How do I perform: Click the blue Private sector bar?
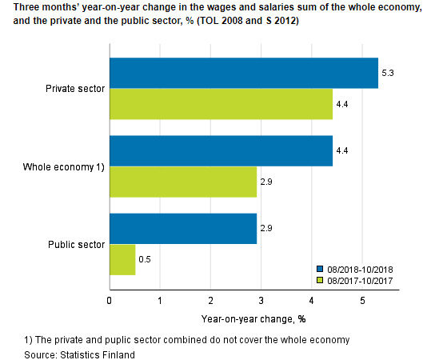pos(243,73)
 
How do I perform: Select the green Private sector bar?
pos(221,103)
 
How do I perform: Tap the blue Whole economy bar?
pos(221,150)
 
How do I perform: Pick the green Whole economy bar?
pos(182,182)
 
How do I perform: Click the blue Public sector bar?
pos(182,228)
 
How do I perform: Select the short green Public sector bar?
pos(122,259)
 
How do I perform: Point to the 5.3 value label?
pos(389,73)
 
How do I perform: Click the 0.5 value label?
pos(146,259)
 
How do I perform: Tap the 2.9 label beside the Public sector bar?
pos(268,228)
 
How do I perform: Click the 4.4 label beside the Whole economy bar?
pos(344,150)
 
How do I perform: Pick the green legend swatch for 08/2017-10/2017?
pos(320,281)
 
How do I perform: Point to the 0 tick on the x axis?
pos(110,302)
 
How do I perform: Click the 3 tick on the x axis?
pos(261,302)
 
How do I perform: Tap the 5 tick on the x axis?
pos(362,302)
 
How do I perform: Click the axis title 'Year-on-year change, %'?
pos(254,319)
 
